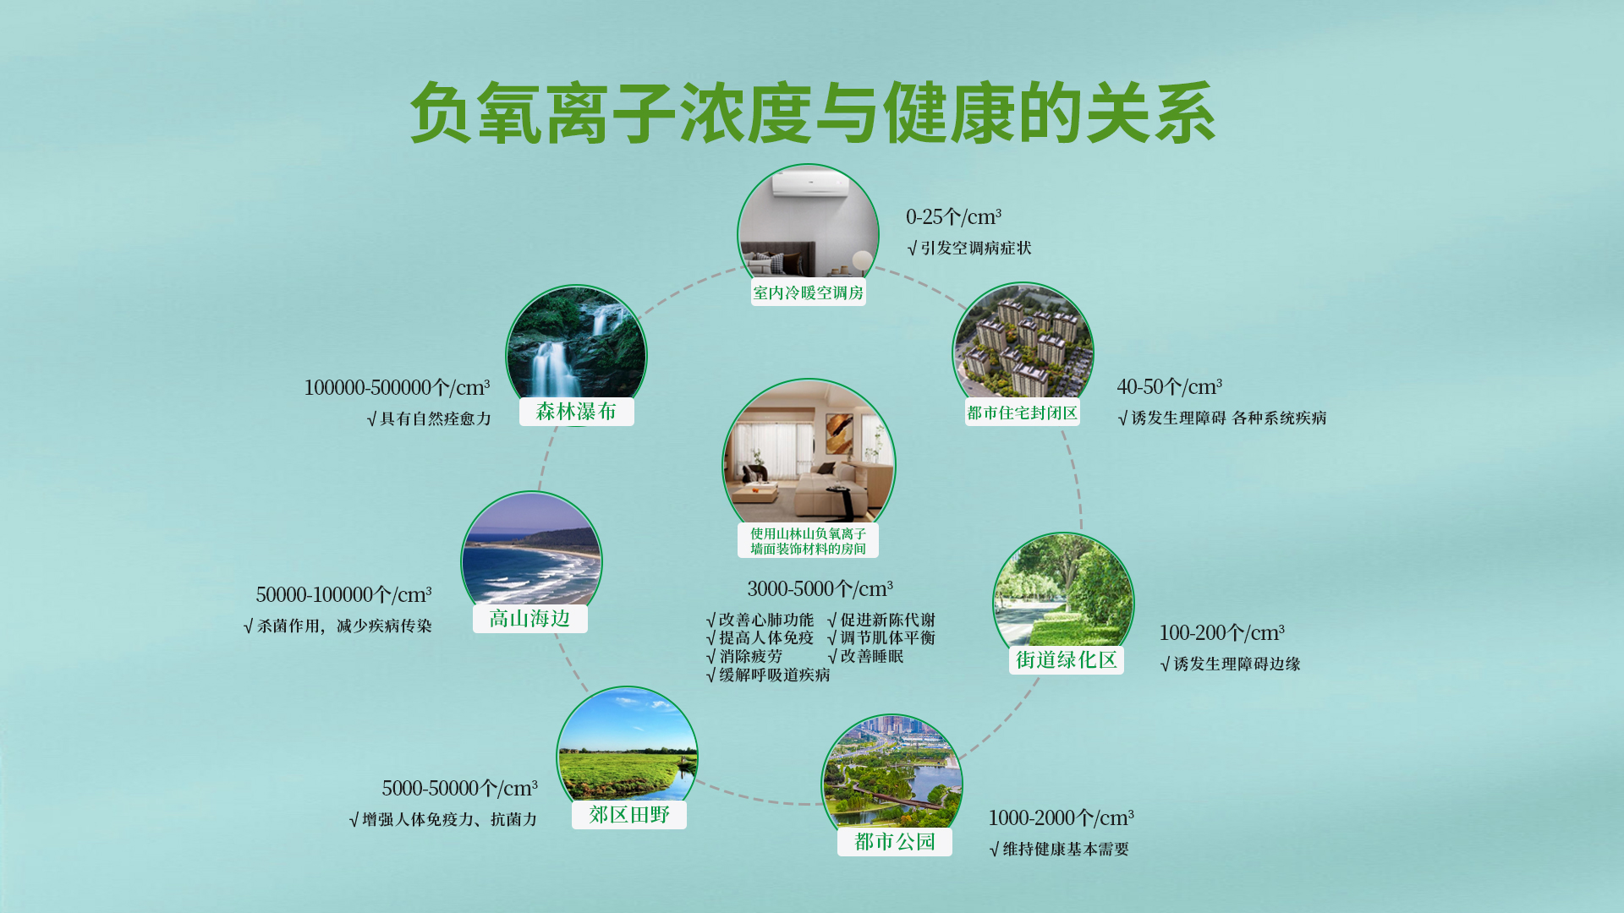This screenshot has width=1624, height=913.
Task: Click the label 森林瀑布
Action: pos(576,412)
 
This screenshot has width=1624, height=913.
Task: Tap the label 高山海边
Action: pos(529,619)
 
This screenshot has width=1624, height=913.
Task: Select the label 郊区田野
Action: pos(629,815)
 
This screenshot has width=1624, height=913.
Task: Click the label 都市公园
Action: pos(895,842)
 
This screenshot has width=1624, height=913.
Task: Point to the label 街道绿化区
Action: pos(1067,660)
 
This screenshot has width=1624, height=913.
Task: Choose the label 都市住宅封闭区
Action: pos(1023,413)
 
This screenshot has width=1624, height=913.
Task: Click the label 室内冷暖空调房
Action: pos(809,292)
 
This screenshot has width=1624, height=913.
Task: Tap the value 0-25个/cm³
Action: pos(953,217)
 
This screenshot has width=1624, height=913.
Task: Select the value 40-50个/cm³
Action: pos(1169,387)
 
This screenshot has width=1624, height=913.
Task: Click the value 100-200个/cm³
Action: pos(1221,633)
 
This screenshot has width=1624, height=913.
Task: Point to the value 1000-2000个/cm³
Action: pos(1061,818)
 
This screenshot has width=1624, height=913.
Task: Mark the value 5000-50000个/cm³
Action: pos(459,789)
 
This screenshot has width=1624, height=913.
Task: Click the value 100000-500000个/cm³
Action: pos(397,388)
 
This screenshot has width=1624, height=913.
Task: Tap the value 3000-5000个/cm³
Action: pos(820,589)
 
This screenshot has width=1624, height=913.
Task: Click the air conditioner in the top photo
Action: pos(810,183)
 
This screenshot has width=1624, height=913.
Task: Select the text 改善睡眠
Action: pos(872,657)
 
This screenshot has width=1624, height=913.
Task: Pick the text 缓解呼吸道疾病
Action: pos(775,675)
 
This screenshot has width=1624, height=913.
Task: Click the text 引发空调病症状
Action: pos(976,249)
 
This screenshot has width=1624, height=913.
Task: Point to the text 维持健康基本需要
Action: pos(1066,850)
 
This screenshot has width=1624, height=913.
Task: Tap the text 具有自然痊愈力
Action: pos(436,419)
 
